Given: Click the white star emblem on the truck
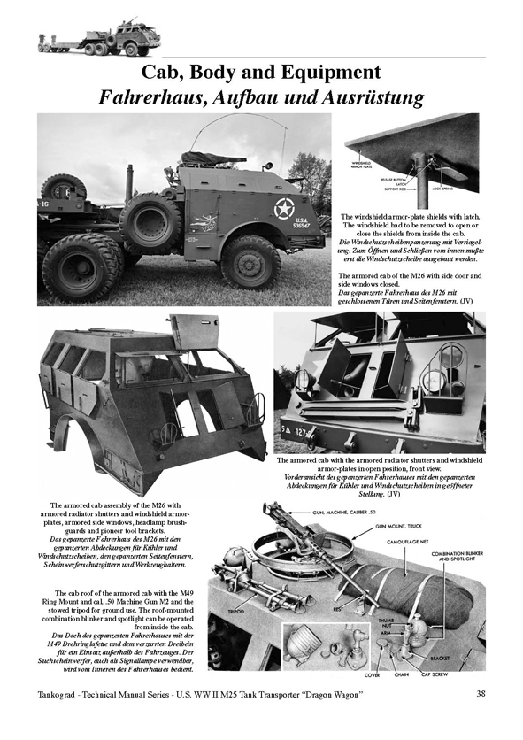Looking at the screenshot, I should [x=285, y=209].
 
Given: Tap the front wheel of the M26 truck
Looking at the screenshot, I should [x=250, y=260].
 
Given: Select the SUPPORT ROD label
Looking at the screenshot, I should [x=379, y=188].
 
